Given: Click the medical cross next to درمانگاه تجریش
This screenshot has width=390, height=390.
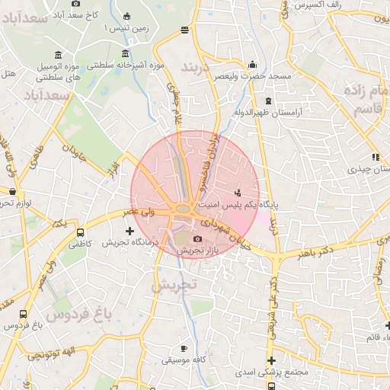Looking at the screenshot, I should coord(129,231).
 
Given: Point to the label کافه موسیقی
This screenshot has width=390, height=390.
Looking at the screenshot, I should coord(182,357).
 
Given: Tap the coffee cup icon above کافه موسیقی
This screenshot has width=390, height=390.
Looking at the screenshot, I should coord(183,347).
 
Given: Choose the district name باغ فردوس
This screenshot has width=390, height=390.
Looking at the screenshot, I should coord(79,312).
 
